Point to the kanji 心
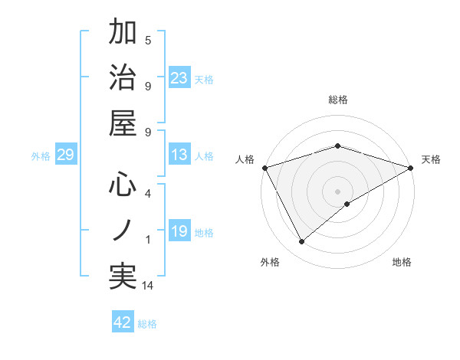[123, 185]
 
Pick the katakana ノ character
[123, 229]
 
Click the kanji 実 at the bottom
[123, 275]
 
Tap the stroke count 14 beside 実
[148, 286]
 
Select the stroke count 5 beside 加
[148, 40]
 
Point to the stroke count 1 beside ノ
[148, 240]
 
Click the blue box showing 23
[179, 77]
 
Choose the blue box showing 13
[179, 155]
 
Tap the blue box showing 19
[179, 231]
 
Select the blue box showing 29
[65, 155]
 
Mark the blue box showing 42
[123, 322]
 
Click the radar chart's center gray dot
[337, 191]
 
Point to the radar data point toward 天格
[411, 168]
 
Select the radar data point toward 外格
[302, 242]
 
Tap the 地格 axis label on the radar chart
[402, 262]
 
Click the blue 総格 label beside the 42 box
[147, 323]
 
